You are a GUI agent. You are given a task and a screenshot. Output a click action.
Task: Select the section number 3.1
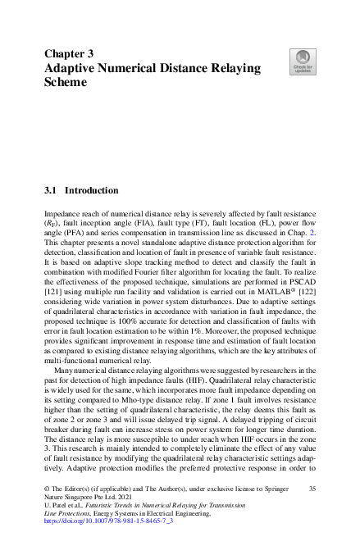51,190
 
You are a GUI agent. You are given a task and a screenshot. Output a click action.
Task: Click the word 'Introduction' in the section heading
92,190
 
